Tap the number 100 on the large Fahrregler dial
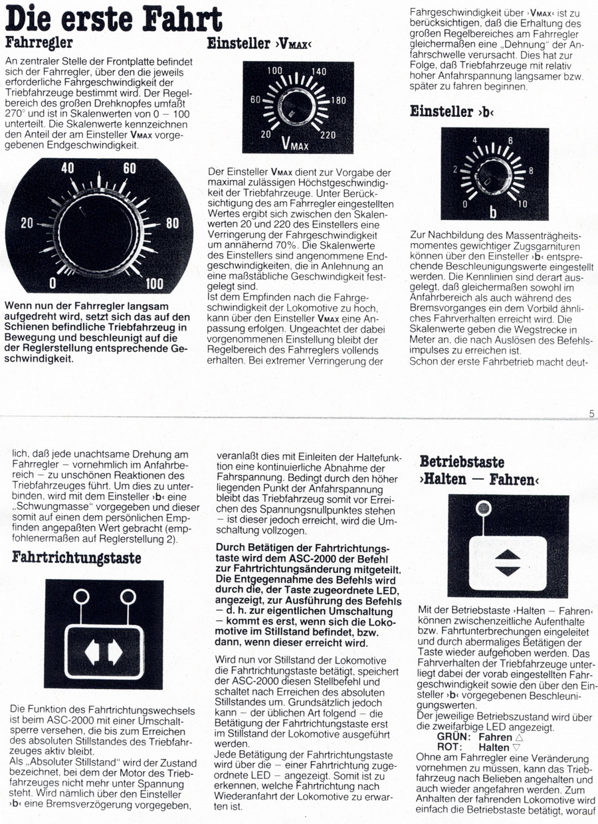(x=154, y=284)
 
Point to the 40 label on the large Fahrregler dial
(x=68, y=169)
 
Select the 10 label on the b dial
(x=523, y=204)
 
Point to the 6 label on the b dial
(x=510, y=141)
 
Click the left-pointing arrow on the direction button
(x=92, y=652)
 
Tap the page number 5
(x=591, y=414)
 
